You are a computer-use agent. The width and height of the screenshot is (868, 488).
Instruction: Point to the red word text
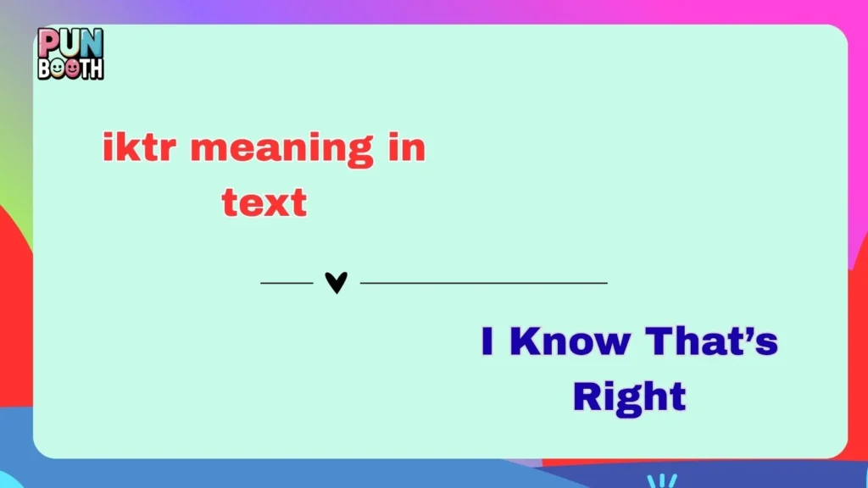click(x=264, y=203)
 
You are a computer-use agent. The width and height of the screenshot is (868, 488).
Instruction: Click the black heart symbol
click(x=337, y=282)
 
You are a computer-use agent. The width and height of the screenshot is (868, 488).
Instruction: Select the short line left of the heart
click(x=287, y=282)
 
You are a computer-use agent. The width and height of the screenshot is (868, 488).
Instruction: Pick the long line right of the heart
click(x=483, y=282)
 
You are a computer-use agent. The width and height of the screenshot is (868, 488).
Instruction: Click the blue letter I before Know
click(x=487, y=341)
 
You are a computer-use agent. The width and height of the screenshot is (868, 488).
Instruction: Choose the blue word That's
click(x=712, y=341)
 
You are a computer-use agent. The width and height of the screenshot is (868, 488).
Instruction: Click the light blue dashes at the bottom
click(x=661, y=480)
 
